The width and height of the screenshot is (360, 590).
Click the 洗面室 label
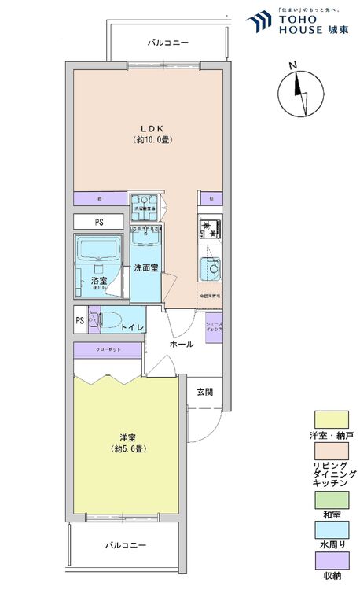point(145,267)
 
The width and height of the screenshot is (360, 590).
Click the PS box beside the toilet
point(80,321)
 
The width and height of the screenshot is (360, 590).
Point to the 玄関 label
point(205,391)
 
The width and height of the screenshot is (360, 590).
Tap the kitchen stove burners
point(211,229)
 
